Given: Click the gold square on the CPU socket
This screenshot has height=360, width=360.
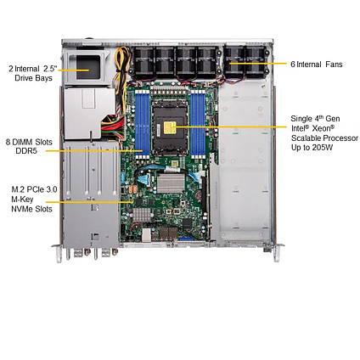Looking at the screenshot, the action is (170, 127).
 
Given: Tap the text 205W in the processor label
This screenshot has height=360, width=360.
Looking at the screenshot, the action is (323, 147).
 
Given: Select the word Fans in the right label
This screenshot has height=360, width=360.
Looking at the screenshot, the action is (334, 65).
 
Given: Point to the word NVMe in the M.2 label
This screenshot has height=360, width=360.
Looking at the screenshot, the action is (21, 209).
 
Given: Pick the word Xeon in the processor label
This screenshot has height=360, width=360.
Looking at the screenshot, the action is (321, 128).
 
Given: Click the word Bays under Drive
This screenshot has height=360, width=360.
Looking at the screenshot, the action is (44, 78).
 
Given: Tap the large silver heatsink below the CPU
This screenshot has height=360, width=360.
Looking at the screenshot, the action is (171, 183).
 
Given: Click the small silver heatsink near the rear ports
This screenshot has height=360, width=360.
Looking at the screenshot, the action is (142, 215).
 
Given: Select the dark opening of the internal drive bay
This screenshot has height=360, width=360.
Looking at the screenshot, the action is (88, 67).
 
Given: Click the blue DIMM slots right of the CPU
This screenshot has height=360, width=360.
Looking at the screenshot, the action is (198, 125).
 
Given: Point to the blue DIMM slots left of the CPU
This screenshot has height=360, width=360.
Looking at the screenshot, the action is (143, 125).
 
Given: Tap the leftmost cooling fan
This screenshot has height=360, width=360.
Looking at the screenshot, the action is (143, 61).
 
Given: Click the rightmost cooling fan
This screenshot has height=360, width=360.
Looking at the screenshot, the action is (256, 61).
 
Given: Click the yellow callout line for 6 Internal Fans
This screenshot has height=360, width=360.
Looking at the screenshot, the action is (258, 64).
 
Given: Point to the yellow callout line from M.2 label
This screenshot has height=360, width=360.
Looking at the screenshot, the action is (89, 202).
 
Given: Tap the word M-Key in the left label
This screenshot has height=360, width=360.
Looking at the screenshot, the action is (22, 200).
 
